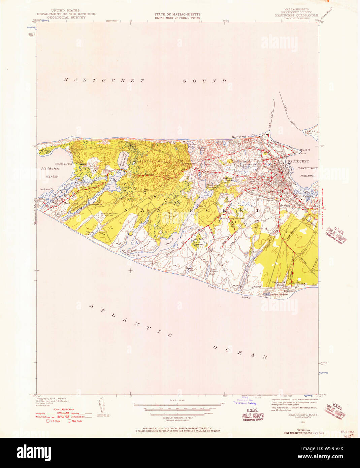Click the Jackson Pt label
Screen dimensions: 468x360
(46, 189)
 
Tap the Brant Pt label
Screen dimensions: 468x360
(304, 150)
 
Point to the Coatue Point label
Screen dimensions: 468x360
(309, 132)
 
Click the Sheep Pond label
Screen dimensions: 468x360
(90, 233)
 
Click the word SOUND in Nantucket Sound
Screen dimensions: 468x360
(205, 81)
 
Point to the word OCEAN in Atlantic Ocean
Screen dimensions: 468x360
(240, 351)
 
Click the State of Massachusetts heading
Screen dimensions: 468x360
(177, 14)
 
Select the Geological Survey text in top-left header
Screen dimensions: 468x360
(66, 18)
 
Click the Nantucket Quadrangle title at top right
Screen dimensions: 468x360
(296, 15)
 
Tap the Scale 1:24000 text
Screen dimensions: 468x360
(177, 400)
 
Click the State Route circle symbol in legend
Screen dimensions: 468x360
(69, 421)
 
